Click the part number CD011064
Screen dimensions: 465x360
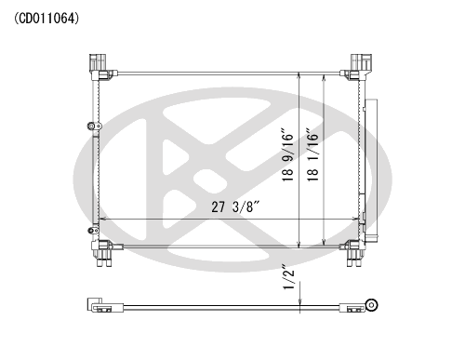click(x=46, y=19)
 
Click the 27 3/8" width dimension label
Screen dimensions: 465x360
click(x=235, y=207)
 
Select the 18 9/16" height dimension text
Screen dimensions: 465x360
click(x=287, y=154)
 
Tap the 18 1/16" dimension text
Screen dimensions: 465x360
click(x=313, y=154)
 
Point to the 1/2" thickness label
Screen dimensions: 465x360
click(x=288, y=277)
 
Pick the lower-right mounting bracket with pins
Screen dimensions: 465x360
click(x=353, y=253)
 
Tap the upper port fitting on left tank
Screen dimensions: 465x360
click(x=94, y=126)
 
